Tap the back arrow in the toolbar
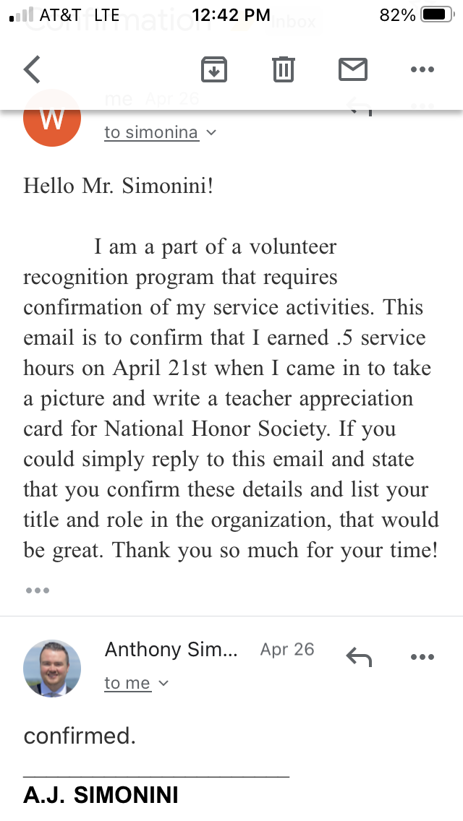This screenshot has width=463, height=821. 33,70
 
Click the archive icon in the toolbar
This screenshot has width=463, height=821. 213,69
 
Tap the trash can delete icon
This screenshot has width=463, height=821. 283,69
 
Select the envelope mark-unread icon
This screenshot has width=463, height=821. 353,69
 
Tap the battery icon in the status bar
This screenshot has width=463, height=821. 436,14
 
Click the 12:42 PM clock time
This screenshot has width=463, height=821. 231,14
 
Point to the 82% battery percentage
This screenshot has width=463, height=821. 397,14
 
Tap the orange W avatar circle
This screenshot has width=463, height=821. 52,119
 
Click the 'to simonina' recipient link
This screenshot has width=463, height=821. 151,132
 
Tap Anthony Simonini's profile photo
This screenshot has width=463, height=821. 52,669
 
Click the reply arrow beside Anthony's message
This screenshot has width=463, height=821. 359,656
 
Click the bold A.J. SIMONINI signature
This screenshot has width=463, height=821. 101,795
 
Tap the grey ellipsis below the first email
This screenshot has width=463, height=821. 37,590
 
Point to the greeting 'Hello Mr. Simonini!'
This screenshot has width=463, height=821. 119,186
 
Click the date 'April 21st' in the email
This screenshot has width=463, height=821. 160,368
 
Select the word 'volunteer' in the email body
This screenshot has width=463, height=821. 292,247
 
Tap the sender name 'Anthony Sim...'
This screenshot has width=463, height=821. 171,649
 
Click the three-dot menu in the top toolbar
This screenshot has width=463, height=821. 421,69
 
